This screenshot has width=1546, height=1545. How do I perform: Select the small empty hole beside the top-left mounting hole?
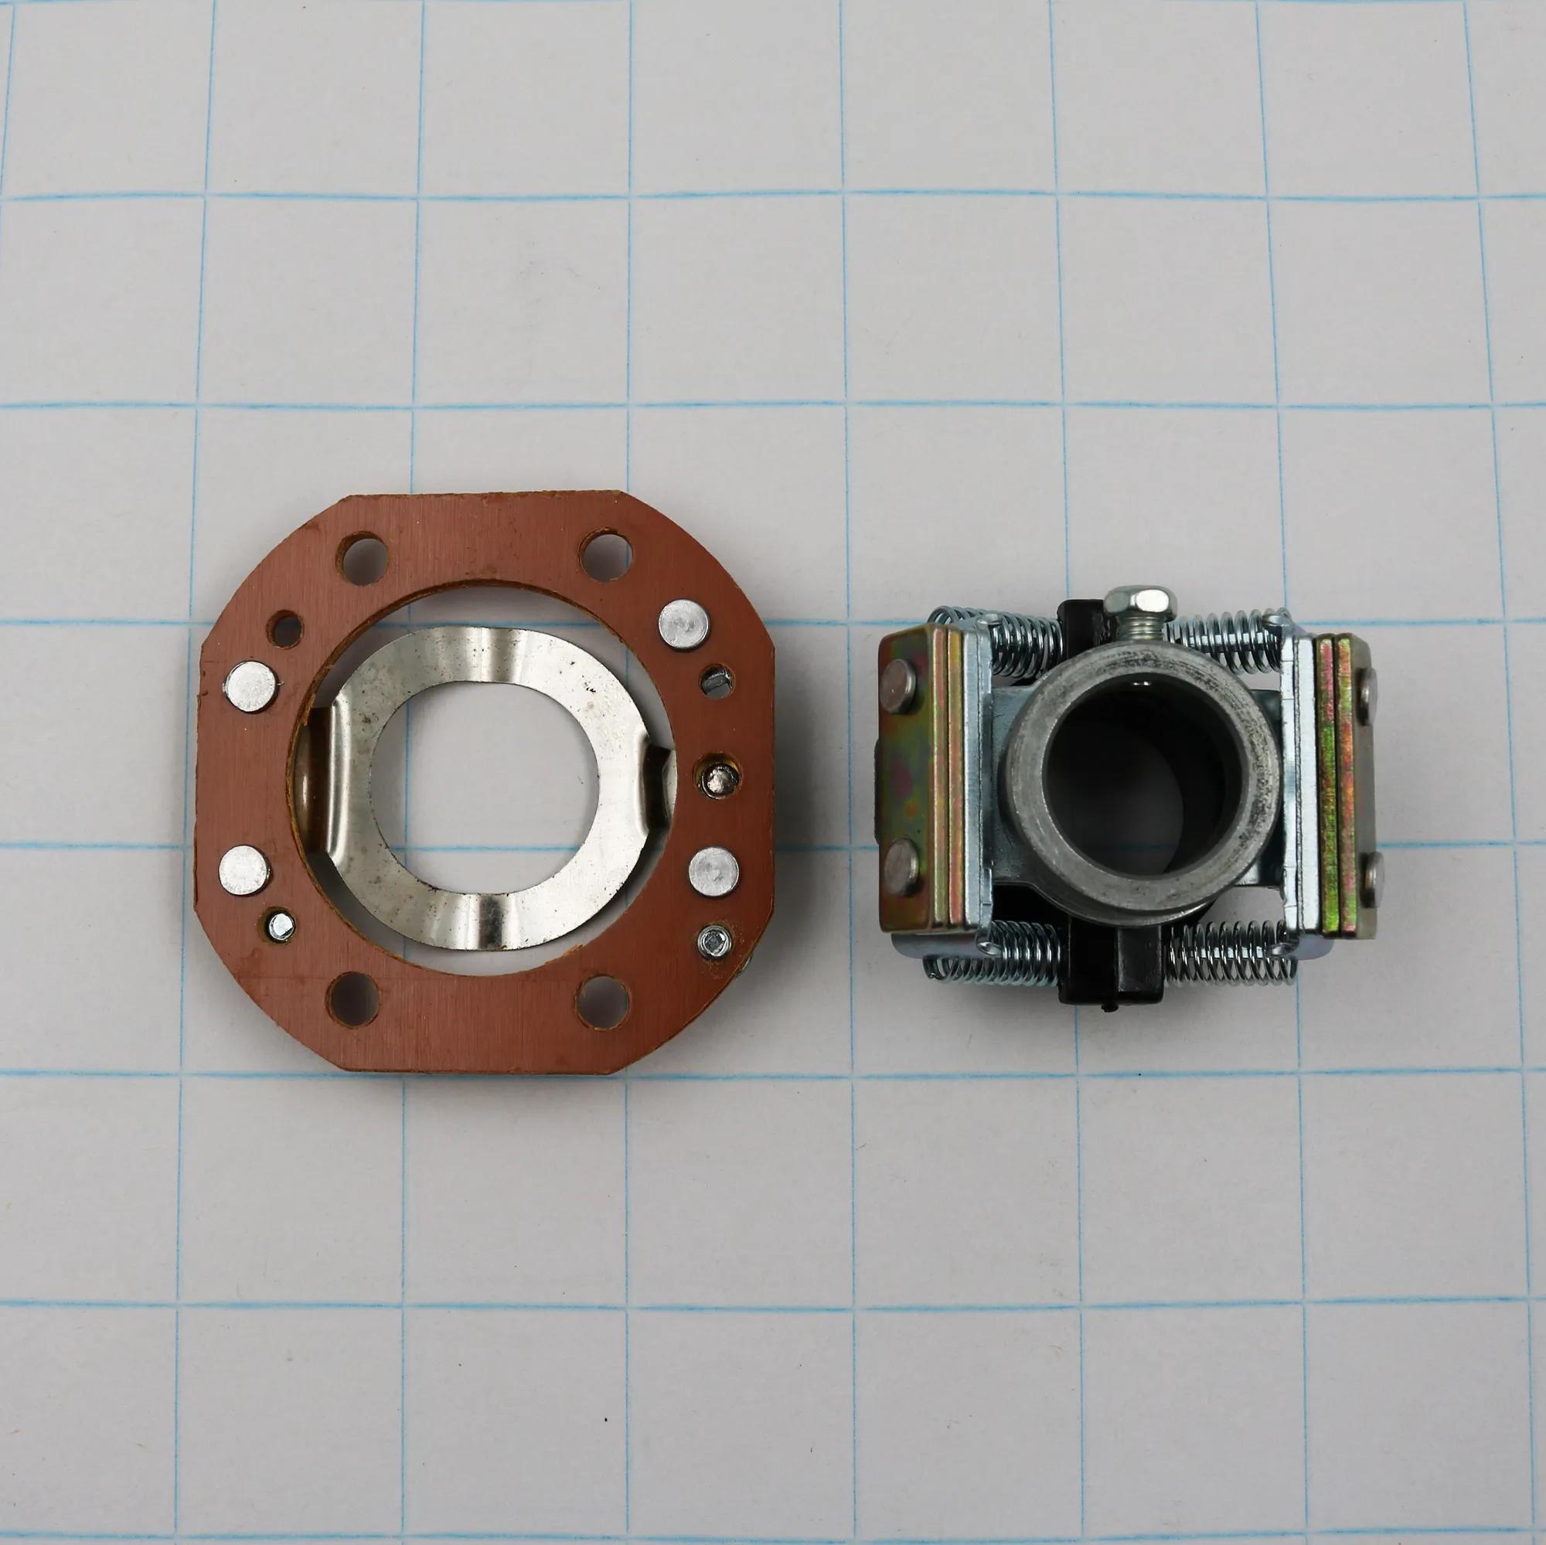pos(285,628)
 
